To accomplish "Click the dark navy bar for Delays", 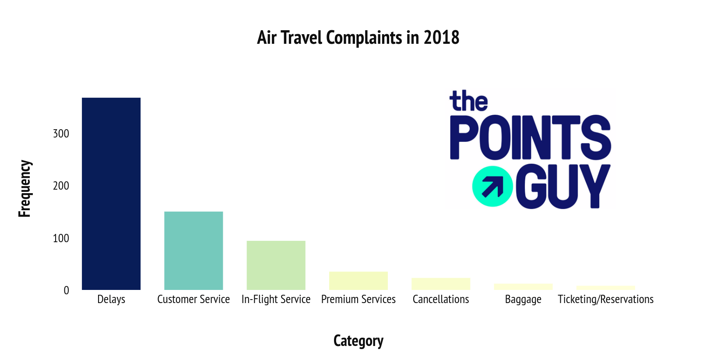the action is coord(111,194).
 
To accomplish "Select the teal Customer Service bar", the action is coord(193,251).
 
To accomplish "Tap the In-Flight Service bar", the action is coord(276,265).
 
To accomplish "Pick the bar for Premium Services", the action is coord(358,281).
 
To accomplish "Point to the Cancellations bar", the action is coord(441,284).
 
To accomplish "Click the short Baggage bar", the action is coord(524,287).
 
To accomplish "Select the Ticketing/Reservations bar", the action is coord(606,288).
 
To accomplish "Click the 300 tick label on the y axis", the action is coord(61,134).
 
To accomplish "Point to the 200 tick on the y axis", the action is coord(61,186).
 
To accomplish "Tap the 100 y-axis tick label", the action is coord(61,238).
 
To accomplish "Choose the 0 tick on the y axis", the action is coord(66,290).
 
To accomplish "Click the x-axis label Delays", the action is coord(111,300).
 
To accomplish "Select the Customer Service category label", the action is coord(193,300).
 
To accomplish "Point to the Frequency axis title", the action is coord(25,189).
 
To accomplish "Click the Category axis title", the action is coord(358,341).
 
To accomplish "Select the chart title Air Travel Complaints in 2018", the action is coord(358,38).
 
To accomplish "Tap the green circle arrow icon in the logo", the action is coord(492,187).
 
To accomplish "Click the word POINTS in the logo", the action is coord(531,137).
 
